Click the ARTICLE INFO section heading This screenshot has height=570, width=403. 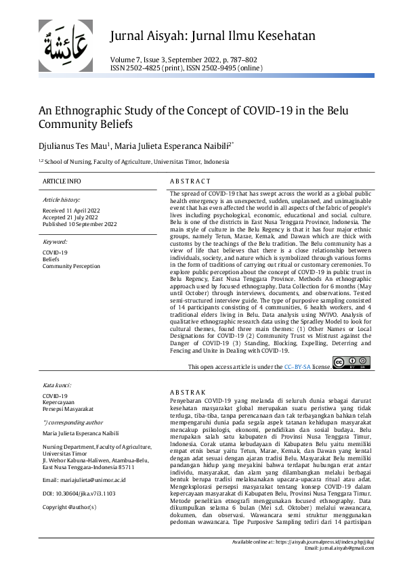pyautogui.click(x=62, y=181)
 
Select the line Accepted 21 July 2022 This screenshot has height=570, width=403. pyautogui.click(x=70, y=217)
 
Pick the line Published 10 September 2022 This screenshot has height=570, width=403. pyautogui.click(x=79, y=224)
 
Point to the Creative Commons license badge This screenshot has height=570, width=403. pyautogui.click(x=351, y=364)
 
